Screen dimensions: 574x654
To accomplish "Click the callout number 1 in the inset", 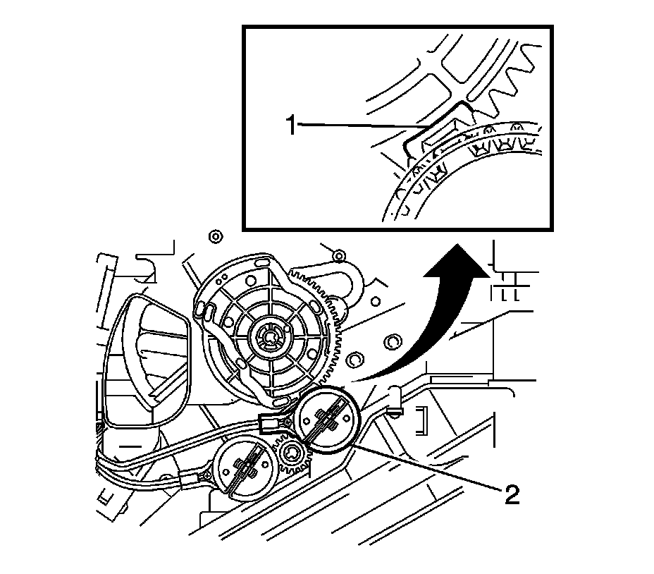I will click(x=290, y=126).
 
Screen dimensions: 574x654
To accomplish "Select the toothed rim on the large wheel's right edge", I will click(x=337, y=331).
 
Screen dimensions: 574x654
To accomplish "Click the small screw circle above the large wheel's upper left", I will click(x=216, y=234).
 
